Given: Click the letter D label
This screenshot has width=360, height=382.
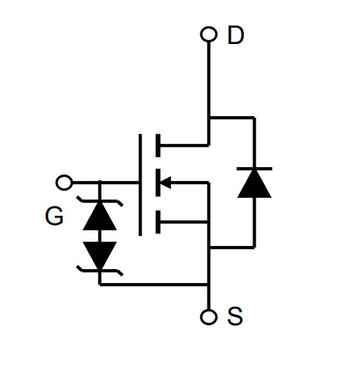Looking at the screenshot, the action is pos(235,35).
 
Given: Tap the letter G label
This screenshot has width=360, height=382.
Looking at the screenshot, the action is pos(54,216).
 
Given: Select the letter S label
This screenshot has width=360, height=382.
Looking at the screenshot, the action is pos(235,315).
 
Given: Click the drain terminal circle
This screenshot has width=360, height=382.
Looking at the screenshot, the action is pos(209,34).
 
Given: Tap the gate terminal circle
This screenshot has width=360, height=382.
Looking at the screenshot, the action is pos(64,182).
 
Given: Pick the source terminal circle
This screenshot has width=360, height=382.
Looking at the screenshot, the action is pos(208,317).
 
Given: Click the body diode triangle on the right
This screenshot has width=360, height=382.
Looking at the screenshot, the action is pos(254,184).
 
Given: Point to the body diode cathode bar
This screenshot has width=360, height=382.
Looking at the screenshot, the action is pos(254,169).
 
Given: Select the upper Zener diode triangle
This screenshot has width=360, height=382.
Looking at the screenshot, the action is pos(100,216).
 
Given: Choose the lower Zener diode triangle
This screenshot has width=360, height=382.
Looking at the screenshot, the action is pos(100,255).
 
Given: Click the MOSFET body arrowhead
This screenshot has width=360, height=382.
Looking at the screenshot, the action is pos(166,182).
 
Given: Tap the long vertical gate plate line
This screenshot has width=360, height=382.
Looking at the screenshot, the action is pos(140,185).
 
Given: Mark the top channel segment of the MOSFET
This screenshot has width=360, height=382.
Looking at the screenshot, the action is pos(158,145).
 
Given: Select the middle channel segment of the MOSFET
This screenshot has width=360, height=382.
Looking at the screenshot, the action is pos(158,182).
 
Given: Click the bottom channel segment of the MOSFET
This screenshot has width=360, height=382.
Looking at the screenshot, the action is pos(158,222).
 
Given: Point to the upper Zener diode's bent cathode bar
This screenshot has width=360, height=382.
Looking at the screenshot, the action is pos(100,200).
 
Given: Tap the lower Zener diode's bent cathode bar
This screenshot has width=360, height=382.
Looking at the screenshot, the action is pos(100,271).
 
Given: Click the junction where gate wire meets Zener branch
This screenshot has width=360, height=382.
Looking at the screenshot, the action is pos(100,182).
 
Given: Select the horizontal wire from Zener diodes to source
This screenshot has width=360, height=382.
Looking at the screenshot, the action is pos(154,285).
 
